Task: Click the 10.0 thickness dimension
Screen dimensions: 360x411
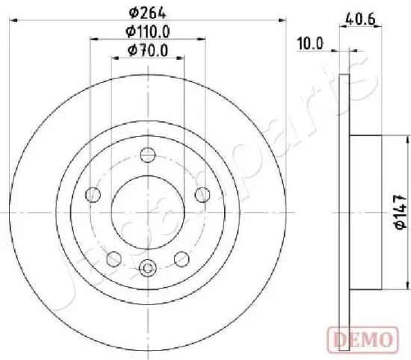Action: pos(309,43)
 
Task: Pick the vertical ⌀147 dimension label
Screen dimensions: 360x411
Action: pos(400,211)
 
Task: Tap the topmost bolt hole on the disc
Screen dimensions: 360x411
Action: pos(149,156)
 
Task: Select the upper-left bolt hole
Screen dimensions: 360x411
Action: pos(94,196)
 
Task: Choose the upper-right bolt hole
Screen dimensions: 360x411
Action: pos(202,195)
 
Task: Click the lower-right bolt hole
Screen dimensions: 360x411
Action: pos(182,258)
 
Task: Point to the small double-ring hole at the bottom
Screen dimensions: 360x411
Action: pos(149,267)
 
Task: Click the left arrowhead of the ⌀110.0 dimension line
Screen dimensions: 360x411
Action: pos(93,41)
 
